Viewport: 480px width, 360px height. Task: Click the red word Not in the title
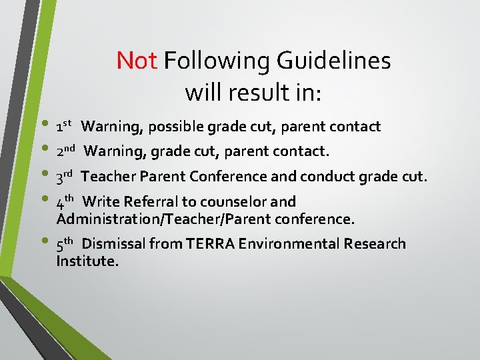click(x=137, y=61)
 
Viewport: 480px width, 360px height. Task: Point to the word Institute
click(x=87, y=261)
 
